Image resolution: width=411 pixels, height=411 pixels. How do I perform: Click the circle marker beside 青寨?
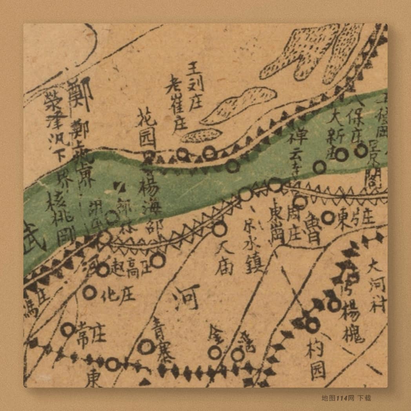pyautogui.click(x=146, y=347)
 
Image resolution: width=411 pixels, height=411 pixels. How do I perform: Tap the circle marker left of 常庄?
pyautogui.click(x=68, y=331)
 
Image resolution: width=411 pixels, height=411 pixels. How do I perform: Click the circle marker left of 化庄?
pyautogui.click(x=90, y=292)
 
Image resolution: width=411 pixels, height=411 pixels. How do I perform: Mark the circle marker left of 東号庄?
pyautogui.click(x=328, y=217)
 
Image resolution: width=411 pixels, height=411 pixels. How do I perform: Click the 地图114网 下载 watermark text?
pyautogui.click(x=346, y=398)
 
